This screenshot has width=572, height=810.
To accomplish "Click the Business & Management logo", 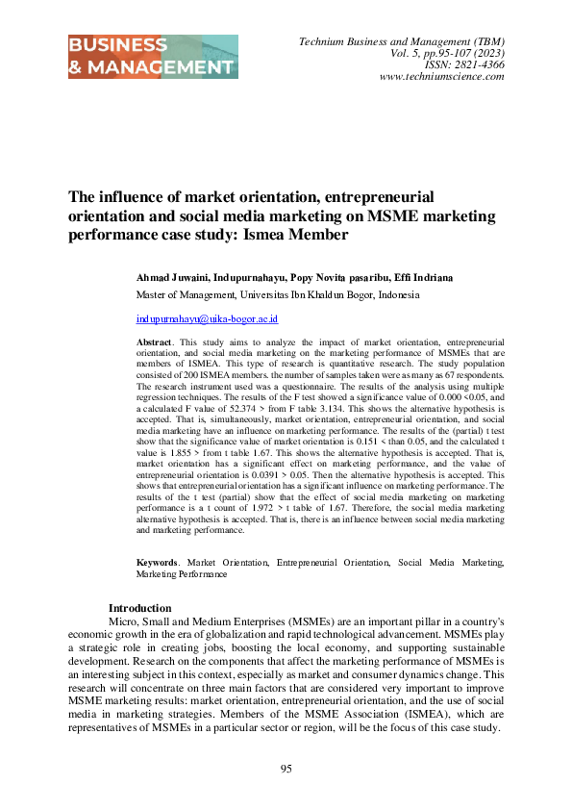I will coord(153,57).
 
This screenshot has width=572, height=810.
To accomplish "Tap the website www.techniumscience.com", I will coord(442,77).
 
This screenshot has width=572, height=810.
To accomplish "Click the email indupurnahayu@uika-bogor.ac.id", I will coord(207,318).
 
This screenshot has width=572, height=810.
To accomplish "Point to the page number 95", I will coord(286,768).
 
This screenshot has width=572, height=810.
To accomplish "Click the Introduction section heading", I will coord(139,608).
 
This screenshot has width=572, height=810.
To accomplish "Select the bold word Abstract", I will coord(155,342).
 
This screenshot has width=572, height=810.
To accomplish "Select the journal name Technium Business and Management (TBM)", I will coord(402,42).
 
